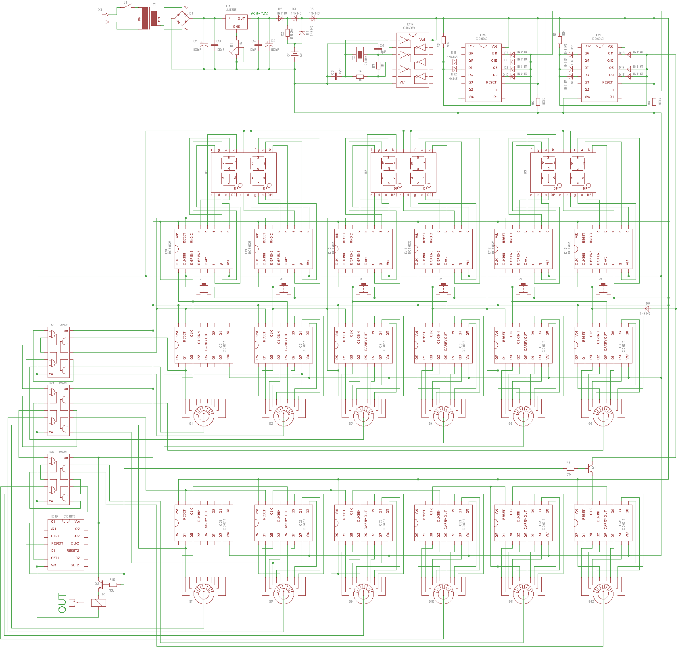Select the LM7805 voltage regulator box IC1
coord(236,22)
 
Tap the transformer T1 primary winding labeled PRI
coord(144,19)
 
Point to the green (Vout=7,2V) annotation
coord(260,13)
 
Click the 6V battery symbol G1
coord(295,54)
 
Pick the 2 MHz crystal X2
coord(360,54)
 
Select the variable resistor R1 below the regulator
coord(237,50)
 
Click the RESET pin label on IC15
coord(491,82)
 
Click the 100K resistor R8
coord(654,102)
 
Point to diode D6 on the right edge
coord(647,309)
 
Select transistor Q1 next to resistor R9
coord(590,468)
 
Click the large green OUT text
coord(62,603)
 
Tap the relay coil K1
coord(98,603)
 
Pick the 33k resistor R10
coord(113,584)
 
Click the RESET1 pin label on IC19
coord(57,543)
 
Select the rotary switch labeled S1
coord(204,415)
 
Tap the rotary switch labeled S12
coord(603,593)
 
